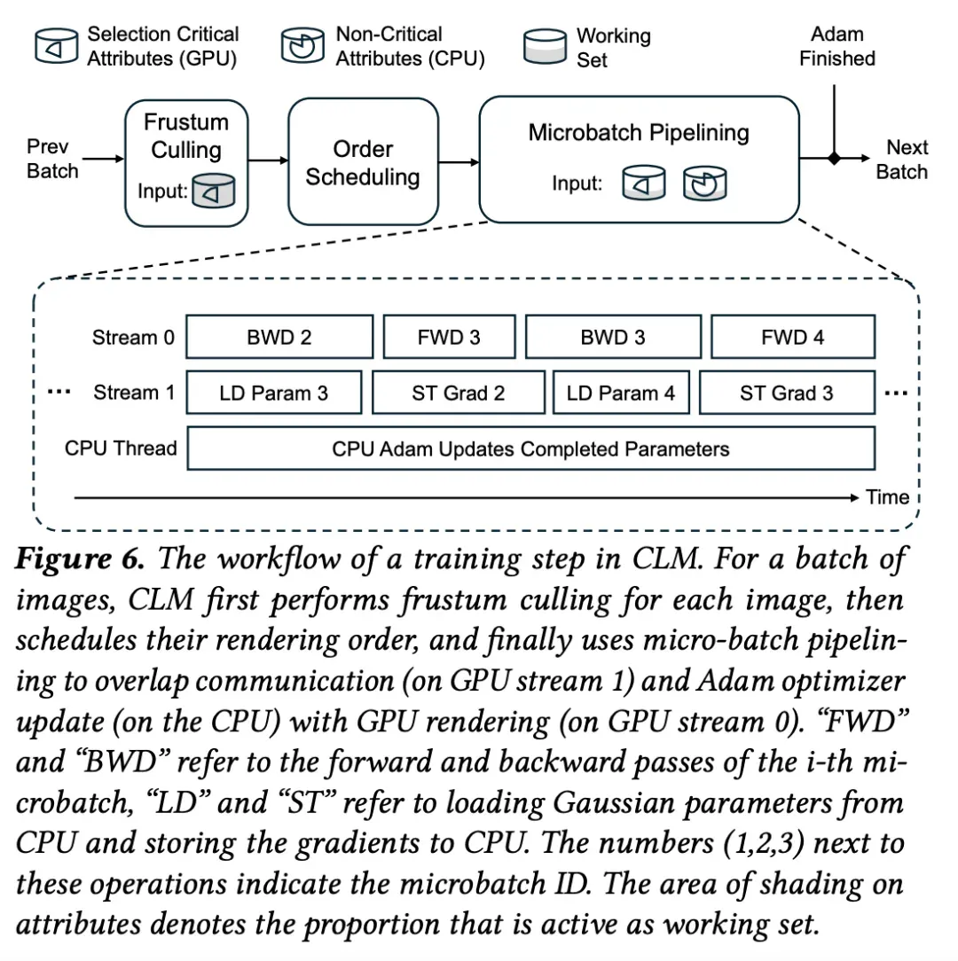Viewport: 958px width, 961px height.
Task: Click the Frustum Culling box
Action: [186, 163]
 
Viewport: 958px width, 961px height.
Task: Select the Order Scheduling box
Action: [363, 162]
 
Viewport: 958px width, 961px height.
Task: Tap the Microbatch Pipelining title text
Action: [639, 133]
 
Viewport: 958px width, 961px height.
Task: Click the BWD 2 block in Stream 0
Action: [279, 337]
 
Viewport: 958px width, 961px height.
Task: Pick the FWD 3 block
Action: [449, 337]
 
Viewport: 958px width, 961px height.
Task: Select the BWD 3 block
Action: [613, 337]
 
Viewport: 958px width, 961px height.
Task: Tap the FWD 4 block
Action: [793, 337]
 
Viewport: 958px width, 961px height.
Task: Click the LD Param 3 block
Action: [274, 392]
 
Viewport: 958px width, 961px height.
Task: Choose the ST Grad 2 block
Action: [458, 392]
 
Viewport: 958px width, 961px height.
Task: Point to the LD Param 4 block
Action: [621, 392]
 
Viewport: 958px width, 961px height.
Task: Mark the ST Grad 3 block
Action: [787, 392]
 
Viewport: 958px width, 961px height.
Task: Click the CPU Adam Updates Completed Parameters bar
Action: [531, 449]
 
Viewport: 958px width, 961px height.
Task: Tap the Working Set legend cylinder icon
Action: [545, 46]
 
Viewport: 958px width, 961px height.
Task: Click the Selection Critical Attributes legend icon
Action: [57, 46]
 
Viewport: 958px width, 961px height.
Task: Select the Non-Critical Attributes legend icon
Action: [302, 45]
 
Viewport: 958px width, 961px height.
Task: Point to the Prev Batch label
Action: [52, 159]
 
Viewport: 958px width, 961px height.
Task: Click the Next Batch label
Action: [901, 160]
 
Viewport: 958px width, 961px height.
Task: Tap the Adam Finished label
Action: [837, 46]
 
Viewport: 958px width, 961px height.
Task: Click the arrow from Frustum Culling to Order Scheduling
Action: [268, 160]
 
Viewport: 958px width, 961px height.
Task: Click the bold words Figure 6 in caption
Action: [80, 559]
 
